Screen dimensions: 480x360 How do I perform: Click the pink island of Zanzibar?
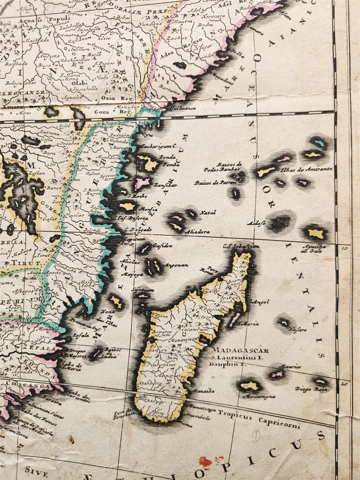tap(142, 183)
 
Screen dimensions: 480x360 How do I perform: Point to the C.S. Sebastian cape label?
tap(240, 247)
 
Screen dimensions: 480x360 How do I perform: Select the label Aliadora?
tap(197, 232)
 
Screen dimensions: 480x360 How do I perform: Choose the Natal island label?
tap(208, 213)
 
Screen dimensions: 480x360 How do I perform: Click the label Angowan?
tap(175, 265)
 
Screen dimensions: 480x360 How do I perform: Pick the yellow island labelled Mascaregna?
tap(250, 385)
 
